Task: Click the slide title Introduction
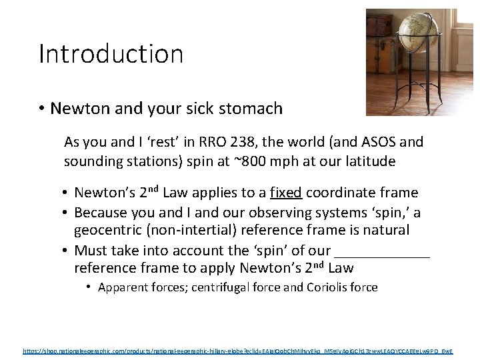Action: pyautogui.click(x=111, y=54)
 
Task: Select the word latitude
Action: pyautogui.click(x=369, y=161)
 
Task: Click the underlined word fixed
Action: pyautogui.click(x=286, y=193)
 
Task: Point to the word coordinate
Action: pyautogui.click(x=345, y=193)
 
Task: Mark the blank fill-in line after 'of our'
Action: pyautogui.click(x=382, y=251)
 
